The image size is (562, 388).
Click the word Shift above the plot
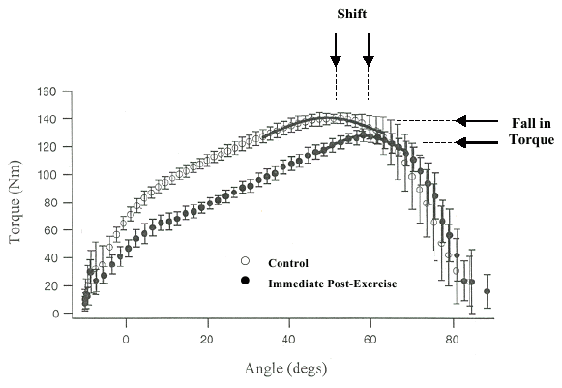[x=351, y=14]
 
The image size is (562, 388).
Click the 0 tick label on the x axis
[x=126, y=339]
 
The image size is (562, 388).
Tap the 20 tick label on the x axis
[x=206, y=339]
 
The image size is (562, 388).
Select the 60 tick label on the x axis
[x=370, y=339]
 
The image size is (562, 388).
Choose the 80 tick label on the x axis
[x=451, y=339]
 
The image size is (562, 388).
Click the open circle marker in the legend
[x=246, y=261]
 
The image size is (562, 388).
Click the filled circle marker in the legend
[x=246, y=280]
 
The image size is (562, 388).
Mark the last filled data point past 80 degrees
[x=488, y=291]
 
